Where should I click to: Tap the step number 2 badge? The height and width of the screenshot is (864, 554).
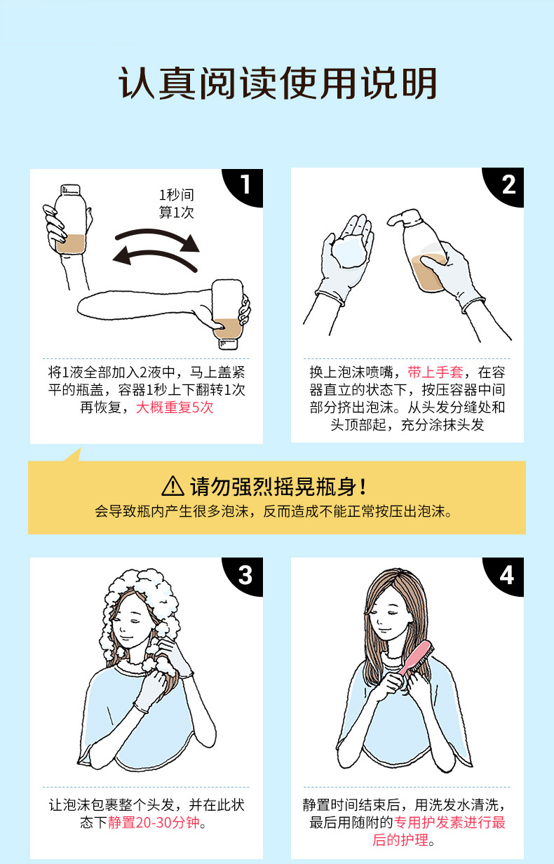(506, 184)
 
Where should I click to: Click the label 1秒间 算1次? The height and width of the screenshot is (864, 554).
(176, 203)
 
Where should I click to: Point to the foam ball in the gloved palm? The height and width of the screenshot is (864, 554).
(349, 252)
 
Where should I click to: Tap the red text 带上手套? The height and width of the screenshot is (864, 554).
(435, 372)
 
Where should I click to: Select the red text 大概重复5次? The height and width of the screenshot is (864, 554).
(175, 407)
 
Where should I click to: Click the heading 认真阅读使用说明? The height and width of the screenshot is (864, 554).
(278, 83)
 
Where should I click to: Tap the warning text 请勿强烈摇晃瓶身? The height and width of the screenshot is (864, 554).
(278, 487)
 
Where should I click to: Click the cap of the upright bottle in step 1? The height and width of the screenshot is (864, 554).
(71, 189)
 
